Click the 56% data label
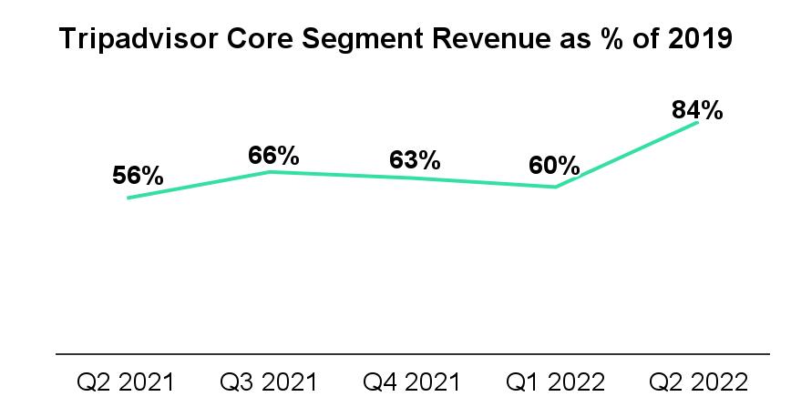(139, 177)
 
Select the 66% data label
(274, 156)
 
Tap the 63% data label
(415, 161)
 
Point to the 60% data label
(554, 167)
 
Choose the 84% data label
(697, 110)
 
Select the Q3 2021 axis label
(270, 381)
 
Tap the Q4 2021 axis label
(412, 381)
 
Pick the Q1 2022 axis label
(555, 381)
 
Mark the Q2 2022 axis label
(697, 381)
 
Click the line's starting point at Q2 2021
(128, 198)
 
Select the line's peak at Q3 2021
(270, 171)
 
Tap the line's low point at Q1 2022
(555, 188)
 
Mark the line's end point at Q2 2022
(697, 122)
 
